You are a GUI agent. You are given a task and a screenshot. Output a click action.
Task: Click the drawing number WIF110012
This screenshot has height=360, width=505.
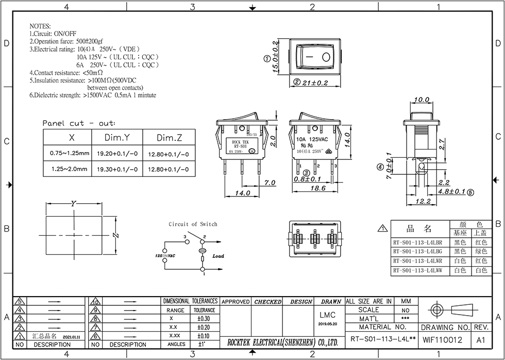(x=442, y=340)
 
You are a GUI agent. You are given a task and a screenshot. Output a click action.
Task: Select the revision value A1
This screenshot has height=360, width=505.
(x=481, y=340)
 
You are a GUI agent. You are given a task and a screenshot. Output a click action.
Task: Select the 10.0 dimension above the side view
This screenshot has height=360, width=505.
(x=422, y=100)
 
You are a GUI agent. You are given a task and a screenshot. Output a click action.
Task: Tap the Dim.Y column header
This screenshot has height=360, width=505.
(x=116, y=138)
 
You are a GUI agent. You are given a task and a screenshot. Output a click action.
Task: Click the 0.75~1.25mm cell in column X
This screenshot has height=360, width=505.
(x=70, y=154)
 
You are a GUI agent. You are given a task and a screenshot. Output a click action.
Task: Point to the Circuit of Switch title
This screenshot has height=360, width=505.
(x=193, y=224)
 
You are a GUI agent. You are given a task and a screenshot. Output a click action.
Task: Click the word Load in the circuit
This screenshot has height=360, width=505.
(x=218, y=256)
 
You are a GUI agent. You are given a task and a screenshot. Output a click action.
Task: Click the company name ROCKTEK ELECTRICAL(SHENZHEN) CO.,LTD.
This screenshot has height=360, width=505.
(x=282, y=342)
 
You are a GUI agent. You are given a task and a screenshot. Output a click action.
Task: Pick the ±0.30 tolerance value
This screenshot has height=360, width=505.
(x=204, y=319)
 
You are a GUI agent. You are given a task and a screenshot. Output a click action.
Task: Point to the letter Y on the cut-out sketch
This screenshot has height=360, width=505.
(x=73, y=204)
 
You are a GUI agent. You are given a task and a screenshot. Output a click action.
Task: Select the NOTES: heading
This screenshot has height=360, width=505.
(x=40, y=26)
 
